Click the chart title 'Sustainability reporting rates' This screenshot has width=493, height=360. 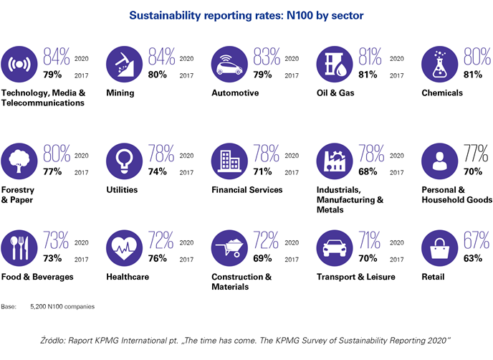tap(246, 13)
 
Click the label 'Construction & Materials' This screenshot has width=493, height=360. tap(241, 282)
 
